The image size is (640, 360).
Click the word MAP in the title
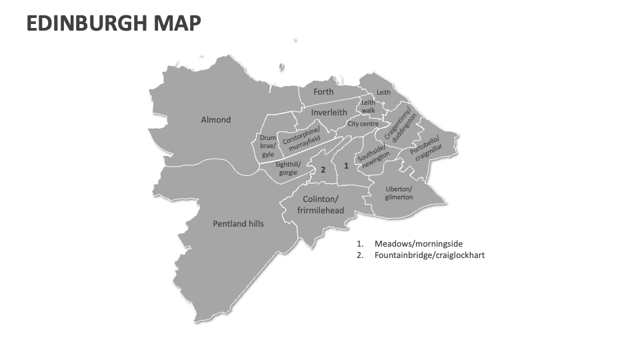pos(177,23)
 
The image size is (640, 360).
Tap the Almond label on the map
pos(216,120)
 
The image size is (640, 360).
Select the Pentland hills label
pos(238,224)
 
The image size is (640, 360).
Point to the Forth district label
pos(323,92)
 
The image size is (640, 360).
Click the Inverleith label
pos(329,113)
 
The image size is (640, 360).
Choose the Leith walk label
pos(369,107)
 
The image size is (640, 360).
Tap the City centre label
pos(363,124)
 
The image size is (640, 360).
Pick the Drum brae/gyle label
pos(267,146)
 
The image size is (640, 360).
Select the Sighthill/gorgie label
pos(288,169)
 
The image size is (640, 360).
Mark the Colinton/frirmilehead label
pos(321,205)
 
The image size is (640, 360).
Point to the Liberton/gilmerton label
pos(399,193)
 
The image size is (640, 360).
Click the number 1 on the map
pos(345,165)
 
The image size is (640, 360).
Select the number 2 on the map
pos(323,170)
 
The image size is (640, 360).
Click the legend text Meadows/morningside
pos(418,244)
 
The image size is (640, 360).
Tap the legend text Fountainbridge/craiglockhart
pos(429,255)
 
